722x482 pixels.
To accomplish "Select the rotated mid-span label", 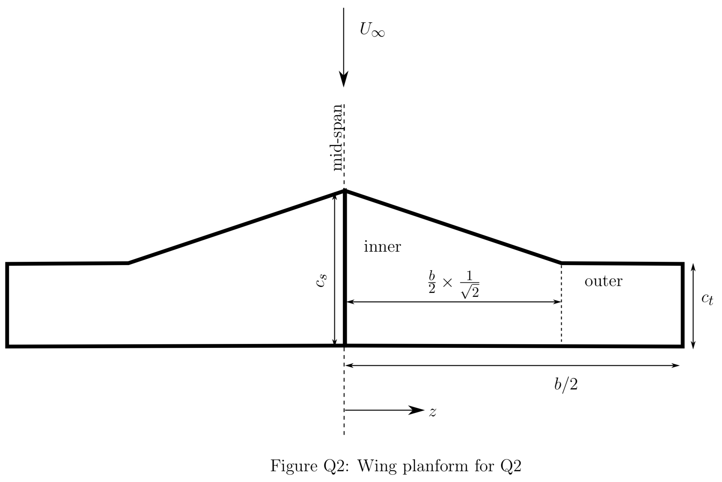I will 337,138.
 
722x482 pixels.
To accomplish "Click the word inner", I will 382,247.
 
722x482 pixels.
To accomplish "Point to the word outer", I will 603,281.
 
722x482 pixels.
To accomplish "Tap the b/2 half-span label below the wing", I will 566,385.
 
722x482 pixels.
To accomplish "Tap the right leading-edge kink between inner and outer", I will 561,263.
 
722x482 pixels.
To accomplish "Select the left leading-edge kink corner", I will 128,263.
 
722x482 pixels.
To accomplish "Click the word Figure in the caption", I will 291,466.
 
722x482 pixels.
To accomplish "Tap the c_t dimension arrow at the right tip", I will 693,306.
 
